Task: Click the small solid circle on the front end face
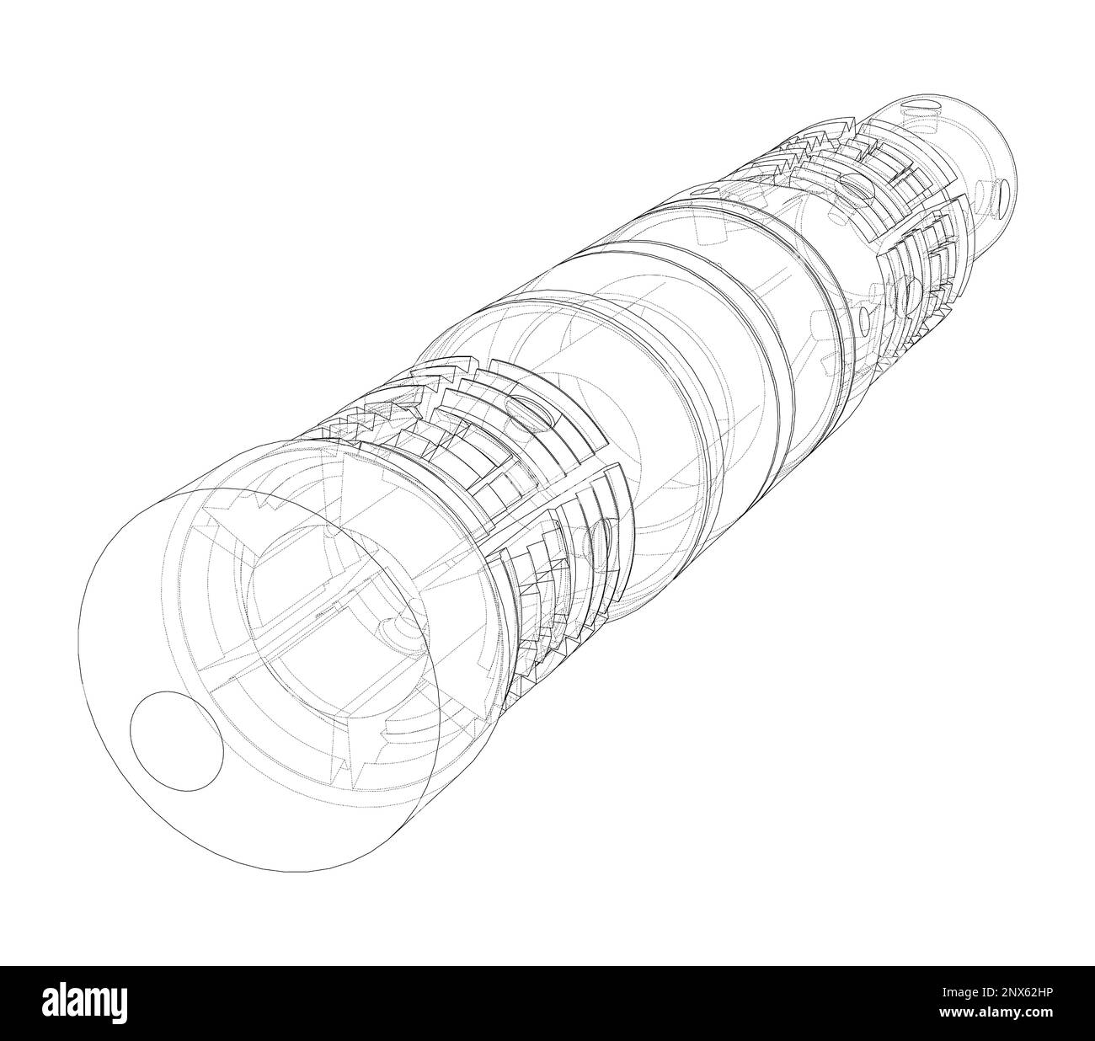176,741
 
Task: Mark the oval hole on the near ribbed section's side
600,539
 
